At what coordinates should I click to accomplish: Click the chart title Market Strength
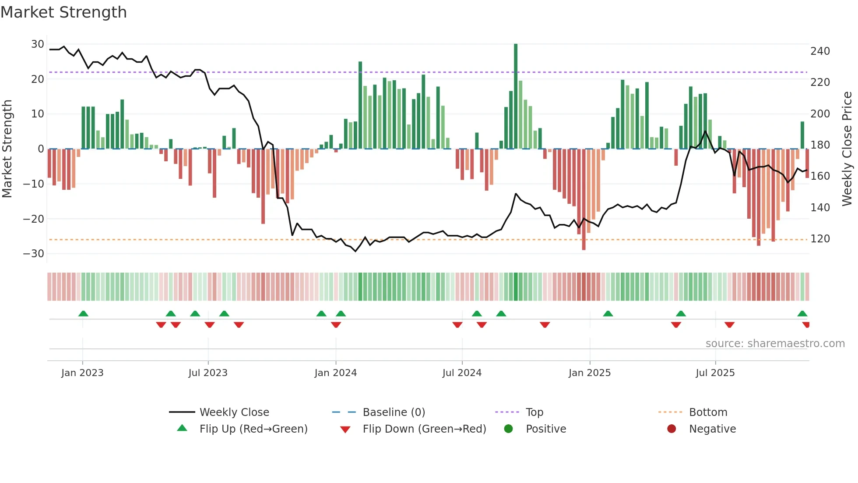pos(64,12)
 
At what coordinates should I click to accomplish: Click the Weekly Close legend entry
pos(234,412)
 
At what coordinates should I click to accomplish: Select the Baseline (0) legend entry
pos(394,412)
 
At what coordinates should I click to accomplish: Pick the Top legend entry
pos(534,412)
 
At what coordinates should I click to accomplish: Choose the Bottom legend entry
pos(708,412)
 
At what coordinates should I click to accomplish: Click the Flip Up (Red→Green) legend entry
pos(253,429)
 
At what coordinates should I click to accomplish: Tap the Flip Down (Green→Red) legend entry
pos(424,429)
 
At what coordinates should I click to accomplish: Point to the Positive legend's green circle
pos(508,429)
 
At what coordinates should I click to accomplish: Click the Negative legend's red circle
pos(672,429)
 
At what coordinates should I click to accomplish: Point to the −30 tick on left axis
pos(34,254)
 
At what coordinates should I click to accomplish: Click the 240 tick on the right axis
pos(820,51)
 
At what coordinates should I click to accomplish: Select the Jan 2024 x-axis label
pos(336,373)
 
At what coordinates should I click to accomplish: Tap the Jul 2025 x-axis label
pos(715,373)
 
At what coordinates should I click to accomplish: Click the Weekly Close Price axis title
pos(847,149)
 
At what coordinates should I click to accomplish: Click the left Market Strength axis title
pos(7,149)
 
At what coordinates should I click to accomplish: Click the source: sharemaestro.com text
pos(775,344)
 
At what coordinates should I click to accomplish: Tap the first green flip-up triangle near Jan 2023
pos(83,313)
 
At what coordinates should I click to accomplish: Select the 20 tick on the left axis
pos(37,79)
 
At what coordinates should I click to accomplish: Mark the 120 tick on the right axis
pos(820,239)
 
